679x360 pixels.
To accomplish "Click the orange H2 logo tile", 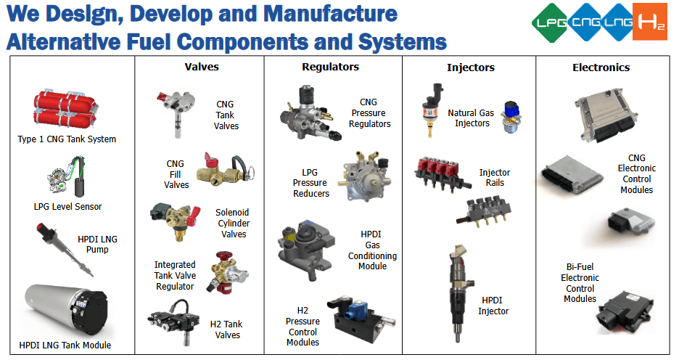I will (649, 22).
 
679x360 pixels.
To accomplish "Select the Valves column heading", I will (202, 67).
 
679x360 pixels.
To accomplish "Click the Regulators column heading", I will (330, 67).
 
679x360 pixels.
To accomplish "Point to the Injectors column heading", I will (470, 67).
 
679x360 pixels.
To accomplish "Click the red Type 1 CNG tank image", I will (64, 111).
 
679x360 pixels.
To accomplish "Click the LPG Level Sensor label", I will (67, 207).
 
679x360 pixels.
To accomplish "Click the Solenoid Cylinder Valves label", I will (232, 224).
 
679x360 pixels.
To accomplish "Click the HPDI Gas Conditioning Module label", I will (372, 250).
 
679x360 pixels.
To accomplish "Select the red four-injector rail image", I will (442, 171).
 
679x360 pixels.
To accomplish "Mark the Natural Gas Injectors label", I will (472, 118).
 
